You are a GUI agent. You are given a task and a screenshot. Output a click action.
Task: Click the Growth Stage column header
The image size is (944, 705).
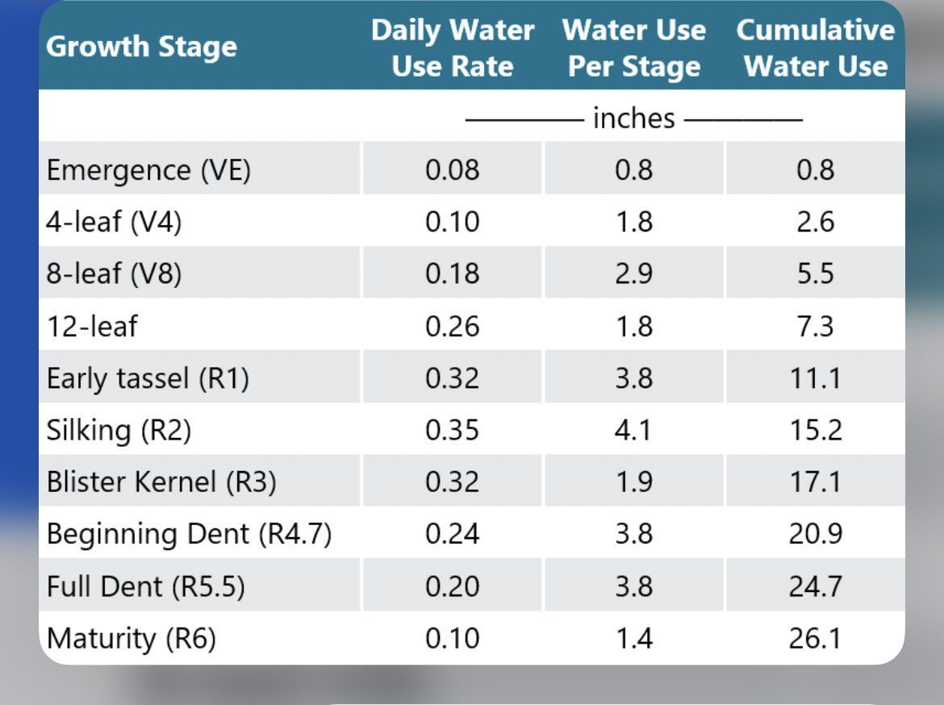141,47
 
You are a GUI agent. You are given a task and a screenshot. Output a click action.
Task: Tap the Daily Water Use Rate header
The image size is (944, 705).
452,48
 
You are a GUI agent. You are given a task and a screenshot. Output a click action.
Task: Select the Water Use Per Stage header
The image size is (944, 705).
633,48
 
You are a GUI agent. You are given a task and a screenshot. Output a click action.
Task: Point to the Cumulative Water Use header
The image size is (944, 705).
815,48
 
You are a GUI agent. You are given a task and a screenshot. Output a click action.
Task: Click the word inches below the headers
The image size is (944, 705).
633,119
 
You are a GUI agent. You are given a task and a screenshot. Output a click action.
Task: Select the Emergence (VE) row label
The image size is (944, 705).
148,170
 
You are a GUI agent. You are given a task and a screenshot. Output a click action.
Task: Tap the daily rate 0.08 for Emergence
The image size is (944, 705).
452,170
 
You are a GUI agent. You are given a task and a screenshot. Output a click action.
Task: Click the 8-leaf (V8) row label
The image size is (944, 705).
114,274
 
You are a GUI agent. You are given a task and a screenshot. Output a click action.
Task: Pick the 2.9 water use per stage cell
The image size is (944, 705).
633,274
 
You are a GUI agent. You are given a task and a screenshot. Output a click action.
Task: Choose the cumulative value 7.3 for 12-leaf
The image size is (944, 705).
815,326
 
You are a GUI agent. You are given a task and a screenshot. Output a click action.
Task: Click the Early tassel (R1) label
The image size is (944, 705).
148,378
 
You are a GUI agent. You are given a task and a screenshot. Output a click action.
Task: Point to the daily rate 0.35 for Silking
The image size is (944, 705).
452,430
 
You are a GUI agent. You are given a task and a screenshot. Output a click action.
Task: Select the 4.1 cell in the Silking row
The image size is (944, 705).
633,430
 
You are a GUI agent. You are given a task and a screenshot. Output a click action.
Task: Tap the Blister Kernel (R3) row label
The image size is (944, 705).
161,482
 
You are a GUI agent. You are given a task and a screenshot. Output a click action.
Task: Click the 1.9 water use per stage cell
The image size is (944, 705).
633,482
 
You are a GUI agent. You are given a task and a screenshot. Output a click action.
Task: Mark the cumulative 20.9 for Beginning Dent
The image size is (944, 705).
815,534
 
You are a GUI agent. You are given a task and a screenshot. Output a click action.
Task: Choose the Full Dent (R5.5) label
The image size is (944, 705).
145,586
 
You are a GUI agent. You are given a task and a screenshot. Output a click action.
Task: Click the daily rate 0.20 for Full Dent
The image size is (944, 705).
452,586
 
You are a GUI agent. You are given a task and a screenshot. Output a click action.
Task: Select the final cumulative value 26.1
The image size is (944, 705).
815,639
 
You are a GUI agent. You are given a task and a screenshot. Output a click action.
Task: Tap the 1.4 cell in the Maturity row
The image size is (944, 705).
633,639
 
